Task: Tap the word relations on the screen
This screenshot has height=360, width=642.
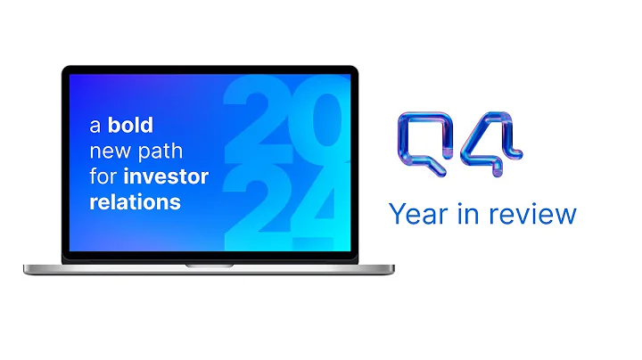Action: point(134,201)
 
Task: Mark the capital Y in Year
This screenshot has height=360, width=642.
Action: point(396,215)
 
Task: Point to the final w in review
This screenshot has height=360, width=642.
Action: point(565,217)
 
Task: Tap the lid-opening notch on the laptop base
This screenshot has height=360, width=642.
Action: point(209,265)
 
